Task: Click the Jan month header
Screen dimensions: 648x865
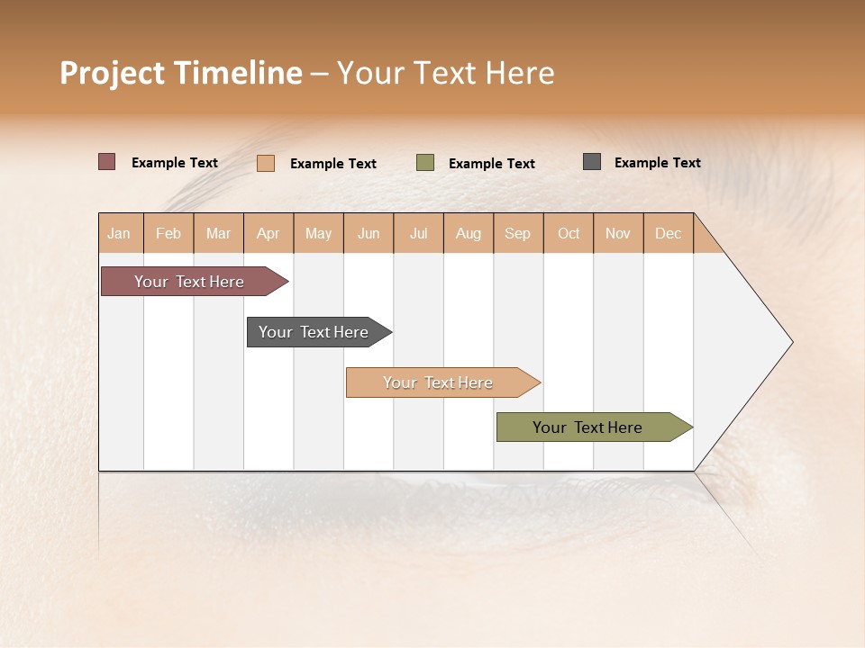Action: point(120,233)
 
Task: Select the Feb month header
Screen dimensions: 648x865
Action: point(168,233)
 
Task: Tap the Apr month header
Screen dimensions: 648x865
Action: point(269,233)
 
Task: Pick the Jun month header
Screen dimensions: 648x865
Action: point(369,233)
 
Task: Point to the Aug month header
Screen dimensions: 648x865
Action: point(469,233)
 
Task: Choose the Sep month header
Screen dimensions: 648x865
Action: point(518,233)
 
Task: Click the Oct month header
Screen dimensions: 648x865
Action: point(569,233)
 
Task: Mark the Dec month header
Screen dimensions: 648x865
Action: point(669,233)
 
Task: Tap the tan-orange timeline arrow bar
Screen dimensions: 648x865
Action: point(439,382)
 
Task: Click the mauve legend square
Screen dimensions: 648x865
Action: point(107,162)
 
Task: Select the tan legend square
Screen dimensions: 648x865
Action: point(266,163)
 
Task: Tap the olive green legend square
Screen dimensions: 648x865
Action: point(425,163)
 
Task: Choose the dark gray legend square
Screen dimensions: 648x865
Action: point(592,162)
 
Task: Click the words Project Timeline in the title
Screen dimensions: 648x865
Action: point(180,73)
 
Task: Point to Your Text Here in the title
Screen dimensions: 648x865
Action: point(446,73)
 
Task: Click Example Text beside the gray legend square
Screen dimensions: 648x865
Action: point(657,163)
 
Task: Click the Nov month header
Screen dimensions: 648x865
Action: point(618,233)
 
